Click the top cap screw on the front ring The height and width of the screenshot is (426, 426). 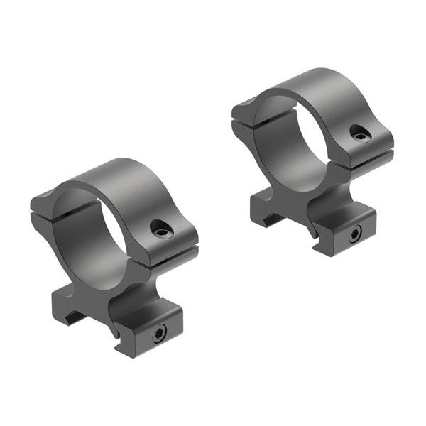click(160, 228)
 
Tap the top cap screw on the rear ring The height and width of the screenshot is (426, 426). click(361, 133)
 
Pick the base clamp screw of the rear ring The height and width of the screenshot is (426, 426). click(353, 234)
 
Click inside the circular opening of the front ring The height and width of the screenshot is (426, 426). click(92, 234)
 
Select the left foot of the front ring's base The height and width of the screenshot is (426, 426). click(67, 305)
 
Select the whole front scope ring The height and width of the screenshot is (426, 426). click(114, 256)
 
